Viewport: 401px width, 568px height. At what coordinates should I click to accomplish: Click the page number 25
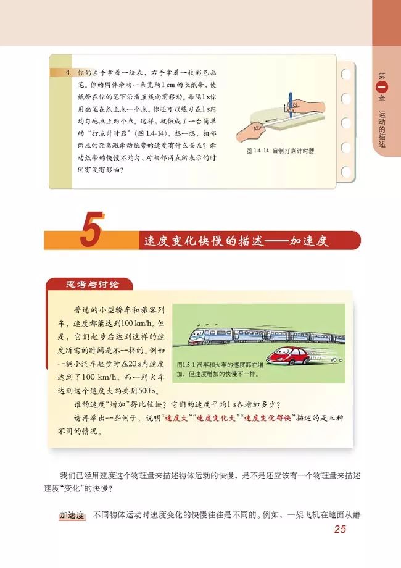point(340,529)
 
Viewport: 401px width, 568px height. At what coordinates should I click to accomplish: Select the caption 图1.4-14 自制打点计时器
point(279,150)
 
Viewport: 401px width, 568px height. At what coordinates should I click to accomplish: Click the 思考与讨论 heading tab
point(90,284)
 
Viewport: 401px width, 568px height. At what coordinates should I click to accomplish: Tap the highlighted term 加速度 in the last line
point(72,514)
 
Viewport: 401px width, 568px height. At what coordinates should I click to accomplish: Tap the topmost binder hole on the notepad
point(345,70)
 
